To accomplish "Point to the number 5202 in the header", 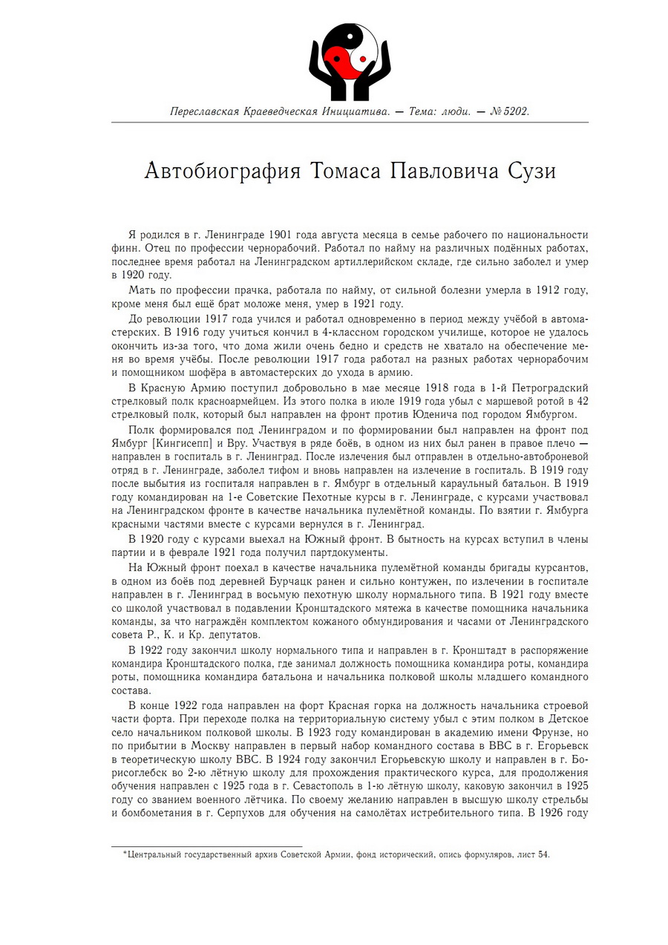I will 514,111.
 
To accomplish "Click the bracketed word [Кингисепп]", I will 183,443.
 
